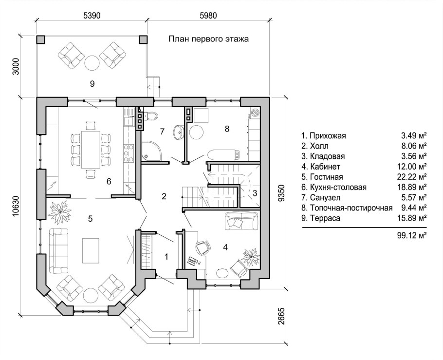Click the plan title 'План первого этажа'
tap(208, 39)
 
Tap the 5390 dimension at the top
tap(92, 16)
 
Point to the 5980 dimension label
tap(208, 16)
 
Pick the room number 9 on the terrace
tap(92, 84)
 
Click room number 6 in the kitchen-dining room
tap(109, 181)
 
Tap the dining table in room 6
tap(91, 150)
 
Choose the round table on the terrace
tap(92, 63)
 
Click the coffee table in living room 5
tap(91, 250)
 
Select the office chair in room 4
tap(203, 247)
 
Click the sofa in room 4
tap(241, 221)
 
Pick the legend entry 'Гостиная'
tap(326, 177)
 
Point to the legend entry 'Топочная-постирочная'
tap(351, 208)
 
